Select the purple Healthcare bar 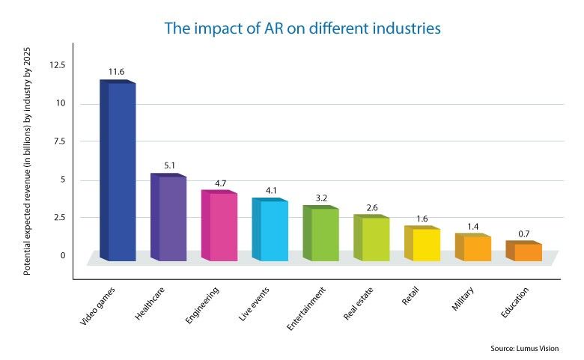coord(170,218)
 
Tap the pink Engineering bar coord(221,226)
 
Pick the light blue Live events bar coord(271,231)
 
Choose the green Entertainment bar coord(322,234)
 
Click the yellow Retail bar coord(424,244)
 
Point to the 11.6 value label coord(117,73)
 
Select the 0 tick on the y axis coord(63,255)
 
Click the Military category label coord(463,299)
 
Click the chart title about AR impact coord(302,28)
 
